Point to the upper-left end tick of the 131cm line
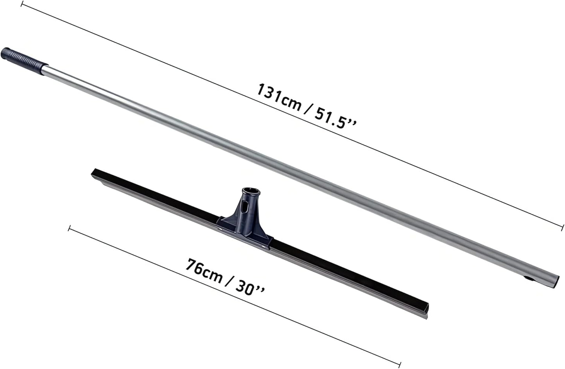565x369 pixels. click(22, 4)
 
